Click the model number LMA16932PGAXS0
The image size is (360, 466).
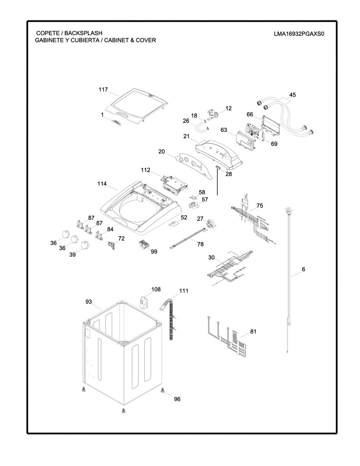tap(299, 34)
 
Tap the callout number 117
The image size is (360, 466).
tap(103, 90)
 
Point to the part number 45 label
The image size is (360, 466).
tap(293, 95)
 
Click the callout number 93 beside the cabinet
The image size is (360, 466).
tap(89, 302)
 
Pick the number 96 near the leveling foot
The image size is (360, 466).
tap(177, 399)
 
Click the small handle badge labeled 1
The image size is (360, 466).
tap(117, 122)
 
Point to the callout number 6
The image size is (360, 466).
tap(303, 269)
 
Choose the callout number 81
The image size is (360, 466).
tap(253, 331)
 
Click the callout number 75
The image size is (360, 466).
tap(259, 206)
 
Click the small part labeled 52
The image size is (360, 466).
tap(173, 223)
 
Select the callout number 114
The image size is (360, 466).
tap(102, 184)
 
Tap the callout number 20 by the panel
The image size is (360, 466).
tap(162, 152)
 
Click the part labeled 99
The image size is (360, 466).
tap(145, 245)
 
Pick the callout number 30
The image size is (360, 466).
tap(211, 258)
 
